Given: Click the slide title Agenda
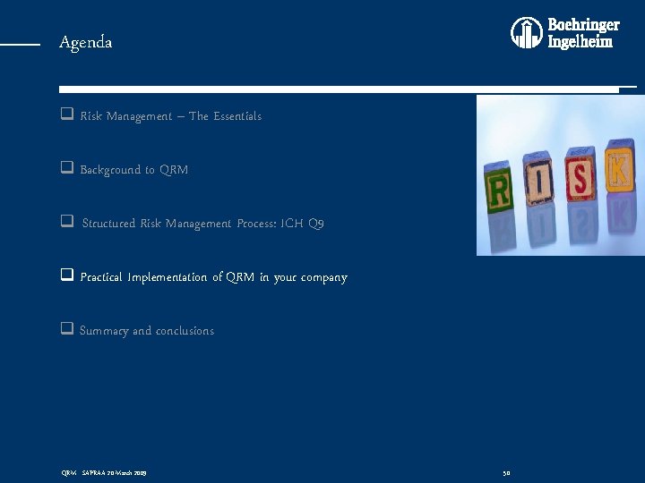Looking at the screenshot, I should coord(86,43).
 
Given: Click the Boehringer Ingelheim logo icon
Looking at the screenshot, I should coord(527,33).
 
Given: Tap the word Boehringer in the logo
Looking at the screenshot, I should coord(583,25).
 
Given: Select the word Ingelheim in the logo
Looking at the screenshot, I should coord(580,42).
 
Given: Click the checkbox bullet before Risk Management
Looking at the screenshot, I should coord(66,115).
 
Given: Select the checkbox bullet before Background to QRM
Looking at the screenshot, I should coord(66,169).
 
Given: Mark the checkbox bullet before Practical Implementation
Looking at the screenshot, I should coord(66,276).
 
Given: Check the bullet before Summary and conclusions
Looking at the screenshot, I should coord(66,329).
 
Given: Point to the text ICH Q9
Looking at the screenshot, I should coord(304,224).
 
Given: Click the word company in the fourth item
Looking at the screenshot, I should coord(322,278).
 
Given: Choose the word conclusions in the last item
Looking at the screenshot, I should coord(185,331).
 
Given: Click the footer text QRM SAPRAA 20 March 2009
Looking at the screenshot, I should coord(103,472).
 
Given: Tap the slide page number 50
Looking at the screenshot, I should coord(506,472).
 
